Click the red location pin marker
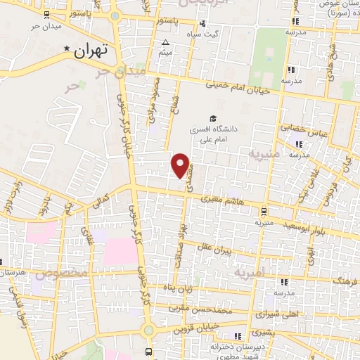181,165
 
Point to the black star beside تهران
67,49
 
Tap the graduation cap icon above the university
212,117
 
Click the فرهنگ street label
345,281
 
